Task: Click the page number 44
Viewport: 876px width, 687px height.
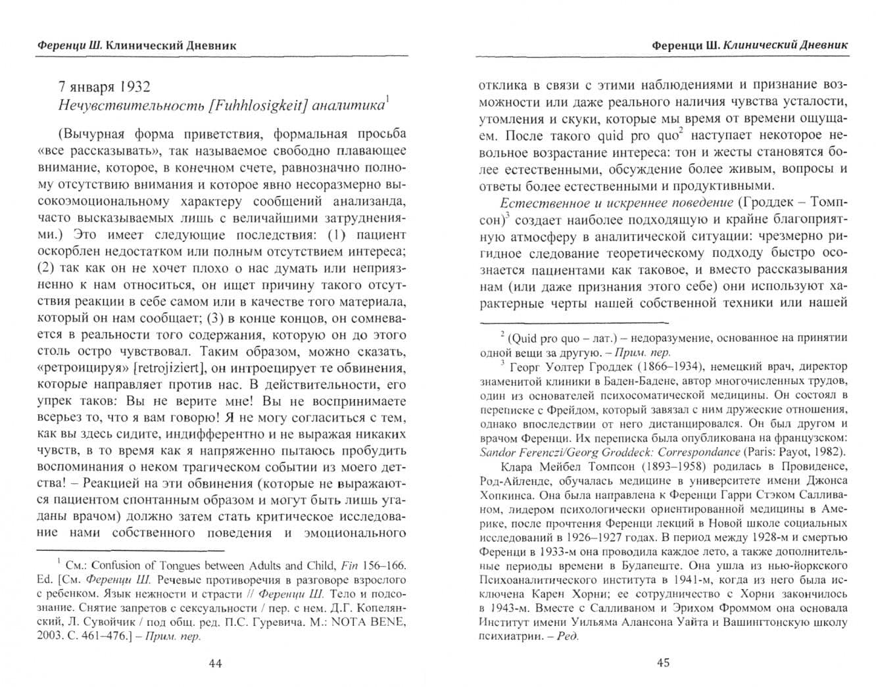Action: [215, 663]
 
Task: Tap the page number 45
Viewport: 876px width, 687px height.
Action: [663, 663]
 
